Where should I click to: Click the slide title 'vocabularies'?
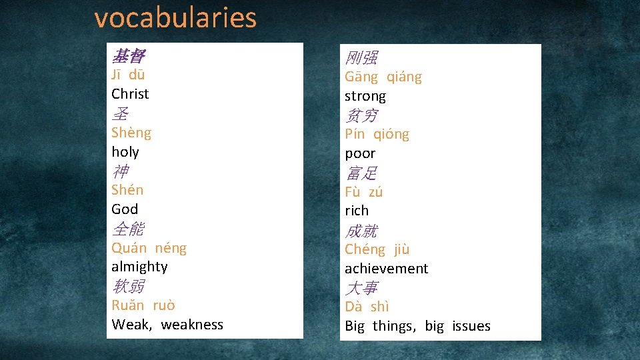pyautogui.click(x=175, y=18)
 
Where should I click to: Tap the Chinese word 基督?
pyautogui.click(x=128, y=57)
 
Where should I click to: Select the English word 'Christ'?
pyautogui.click(x=130, y=94)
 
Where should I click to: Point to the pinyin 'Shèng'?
pyautogui.click(x=131, y=133)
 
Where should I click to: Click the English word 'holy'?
pyautogui.click(x=125, y=152)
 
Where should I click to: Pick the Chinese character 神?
pyautogui.click(x=120, y=171)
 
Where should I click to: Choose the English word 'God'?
pyautogui.click(x=125, y=209)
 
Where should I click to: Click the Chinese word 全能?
pyautogui.click(x=128, y=229)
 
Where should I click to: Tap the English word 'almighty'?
pyautogui.click(x=139, y=267)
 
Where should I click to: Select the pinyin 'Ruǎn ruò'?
pyautogui.click(x=143, y=305)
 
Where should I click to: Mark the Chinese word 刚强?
pyautogui.click(x=361, y=58)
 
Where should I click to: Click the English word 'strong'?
pyautogui.click(x=365, y=97)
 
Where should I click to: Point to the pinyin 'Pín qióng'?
pyautogui.click(x=377, y=135)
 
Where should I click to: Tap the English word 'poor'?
pyautogui.click(x=360, y=153)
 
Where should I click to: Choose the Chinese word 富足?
pyautogui.click(x=361, y=173)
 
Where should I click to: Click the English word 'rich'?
pyautogui.click(x=357, y=211)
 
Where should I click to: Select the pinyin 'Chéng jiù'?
pyautogui.click(x=377, y=250)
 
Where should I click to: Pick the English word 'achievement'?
pyautogui.click(x=386, y=269)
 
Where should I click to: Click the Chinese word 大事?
pyautogui.click(x=361, y=288)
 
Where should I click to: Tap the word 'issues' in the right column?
pyautogui.click(x=471, y=326)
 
